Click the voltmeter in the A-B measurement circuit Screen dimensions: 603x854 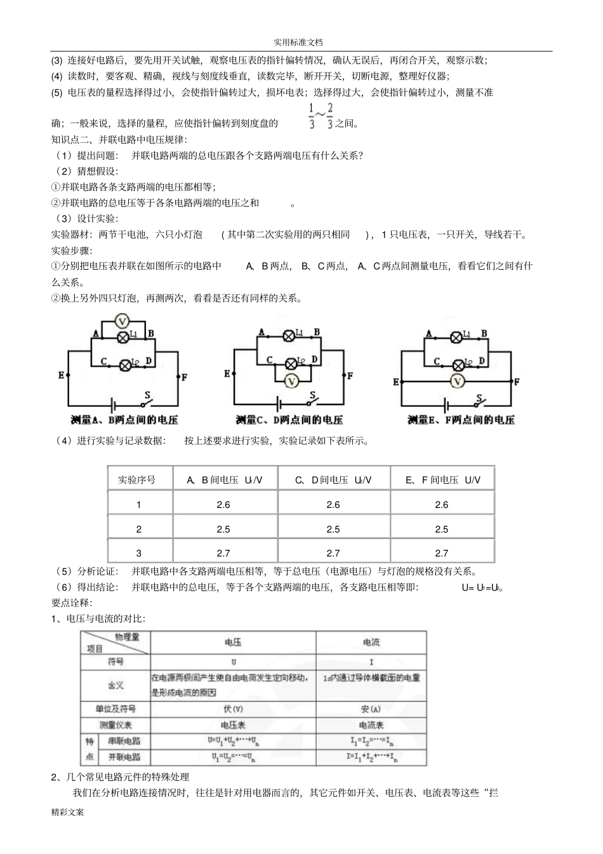tap(123, 320)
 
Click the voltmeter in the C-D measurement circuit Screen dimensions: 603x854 tap(291, 381)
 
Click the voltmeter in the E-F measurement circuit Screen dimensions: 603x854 tap(457, 381)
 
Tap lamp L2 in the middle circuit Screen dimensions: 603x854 tap(291, 363)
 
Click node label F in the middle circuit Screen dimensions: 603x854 tap(350, 376)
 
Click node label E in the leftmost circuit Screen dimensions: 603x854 tap(62, 375)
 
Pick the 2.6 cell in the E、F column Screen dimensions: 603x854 tap(442, 505)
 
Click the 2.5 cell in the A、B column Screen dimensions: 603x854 tap(223, 529)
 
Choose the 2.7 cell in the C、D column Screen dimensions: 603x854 tap(333, 553)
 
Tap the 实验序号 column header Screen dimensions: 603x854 tap(137, 480)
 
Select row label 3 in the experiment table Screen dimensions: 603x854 tap(139, 553)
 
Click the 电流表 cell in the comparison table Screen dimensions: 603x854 tap(371, 725)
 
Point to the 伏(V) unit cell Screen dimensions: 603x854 tap(232, 709)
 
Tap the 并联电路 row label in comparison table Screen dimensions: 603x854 tap(124, 757)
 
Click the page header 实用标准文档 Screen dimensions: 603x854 tap(298, 42)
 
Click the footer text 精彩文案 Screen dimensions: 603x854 tap(68, 812)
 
